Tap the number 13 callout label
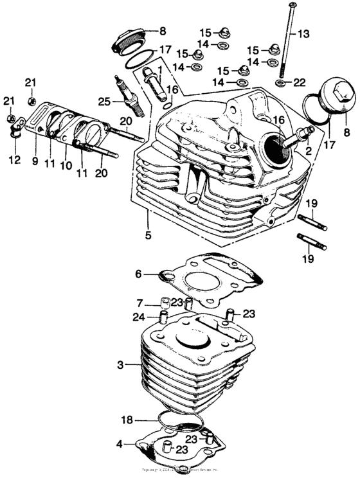pos(303,33)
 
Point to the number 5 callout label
pos(148,236)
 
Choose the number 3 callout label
pos(120,365)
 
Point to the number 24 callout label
pos(138,316)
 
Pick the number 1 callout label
pos(159,68)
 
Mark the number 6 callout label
pos(137,273)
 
